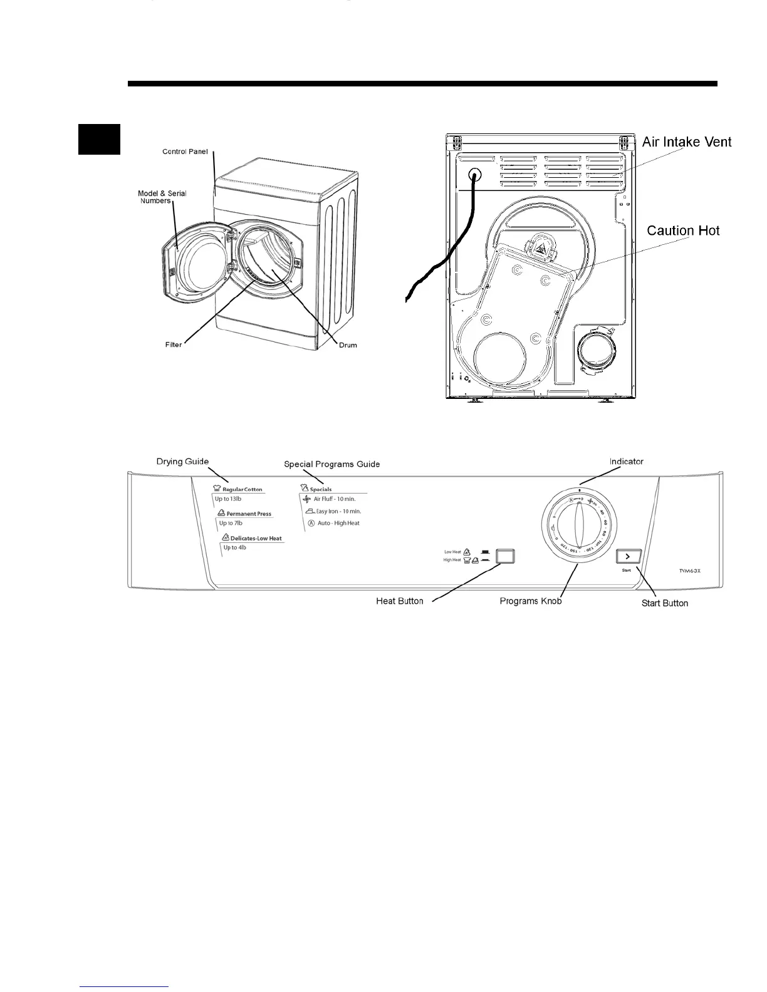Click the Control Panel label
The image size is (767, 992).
[185, 152]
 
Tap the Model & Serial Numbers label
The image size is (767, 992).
[162, 197]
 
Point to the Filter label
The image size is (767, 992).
[174, 344]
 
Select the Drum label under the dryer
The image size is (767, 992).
[348, 345]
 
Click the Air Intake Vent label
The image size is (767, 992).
[687, 142]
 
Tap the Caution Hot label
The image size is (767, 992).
[683, 230]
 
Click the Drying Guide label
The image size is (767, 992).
[182, 462]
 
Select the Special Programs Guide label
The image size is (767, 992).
[331, 464]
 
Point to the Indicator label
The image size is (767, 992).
[626, 462]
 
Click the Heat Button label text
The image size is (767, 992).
[400, 601]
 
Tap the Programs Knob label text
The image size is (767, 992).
[530, 601]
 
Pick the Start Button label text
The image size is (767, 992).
[664, 603]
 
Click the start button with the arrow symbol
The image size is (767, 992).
[627, 556]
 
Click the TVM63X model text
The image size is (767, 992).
[690, 571]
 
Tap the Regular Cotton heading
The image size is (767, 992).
[242, 489]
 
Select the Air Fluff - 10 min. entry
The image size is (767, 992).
[334, 499]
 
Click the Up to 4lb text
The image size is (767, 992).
[234, 547]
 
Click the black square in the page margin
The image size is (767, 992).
[99, 138]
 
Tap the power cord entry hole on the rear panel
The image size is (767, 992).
[474, 177]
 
